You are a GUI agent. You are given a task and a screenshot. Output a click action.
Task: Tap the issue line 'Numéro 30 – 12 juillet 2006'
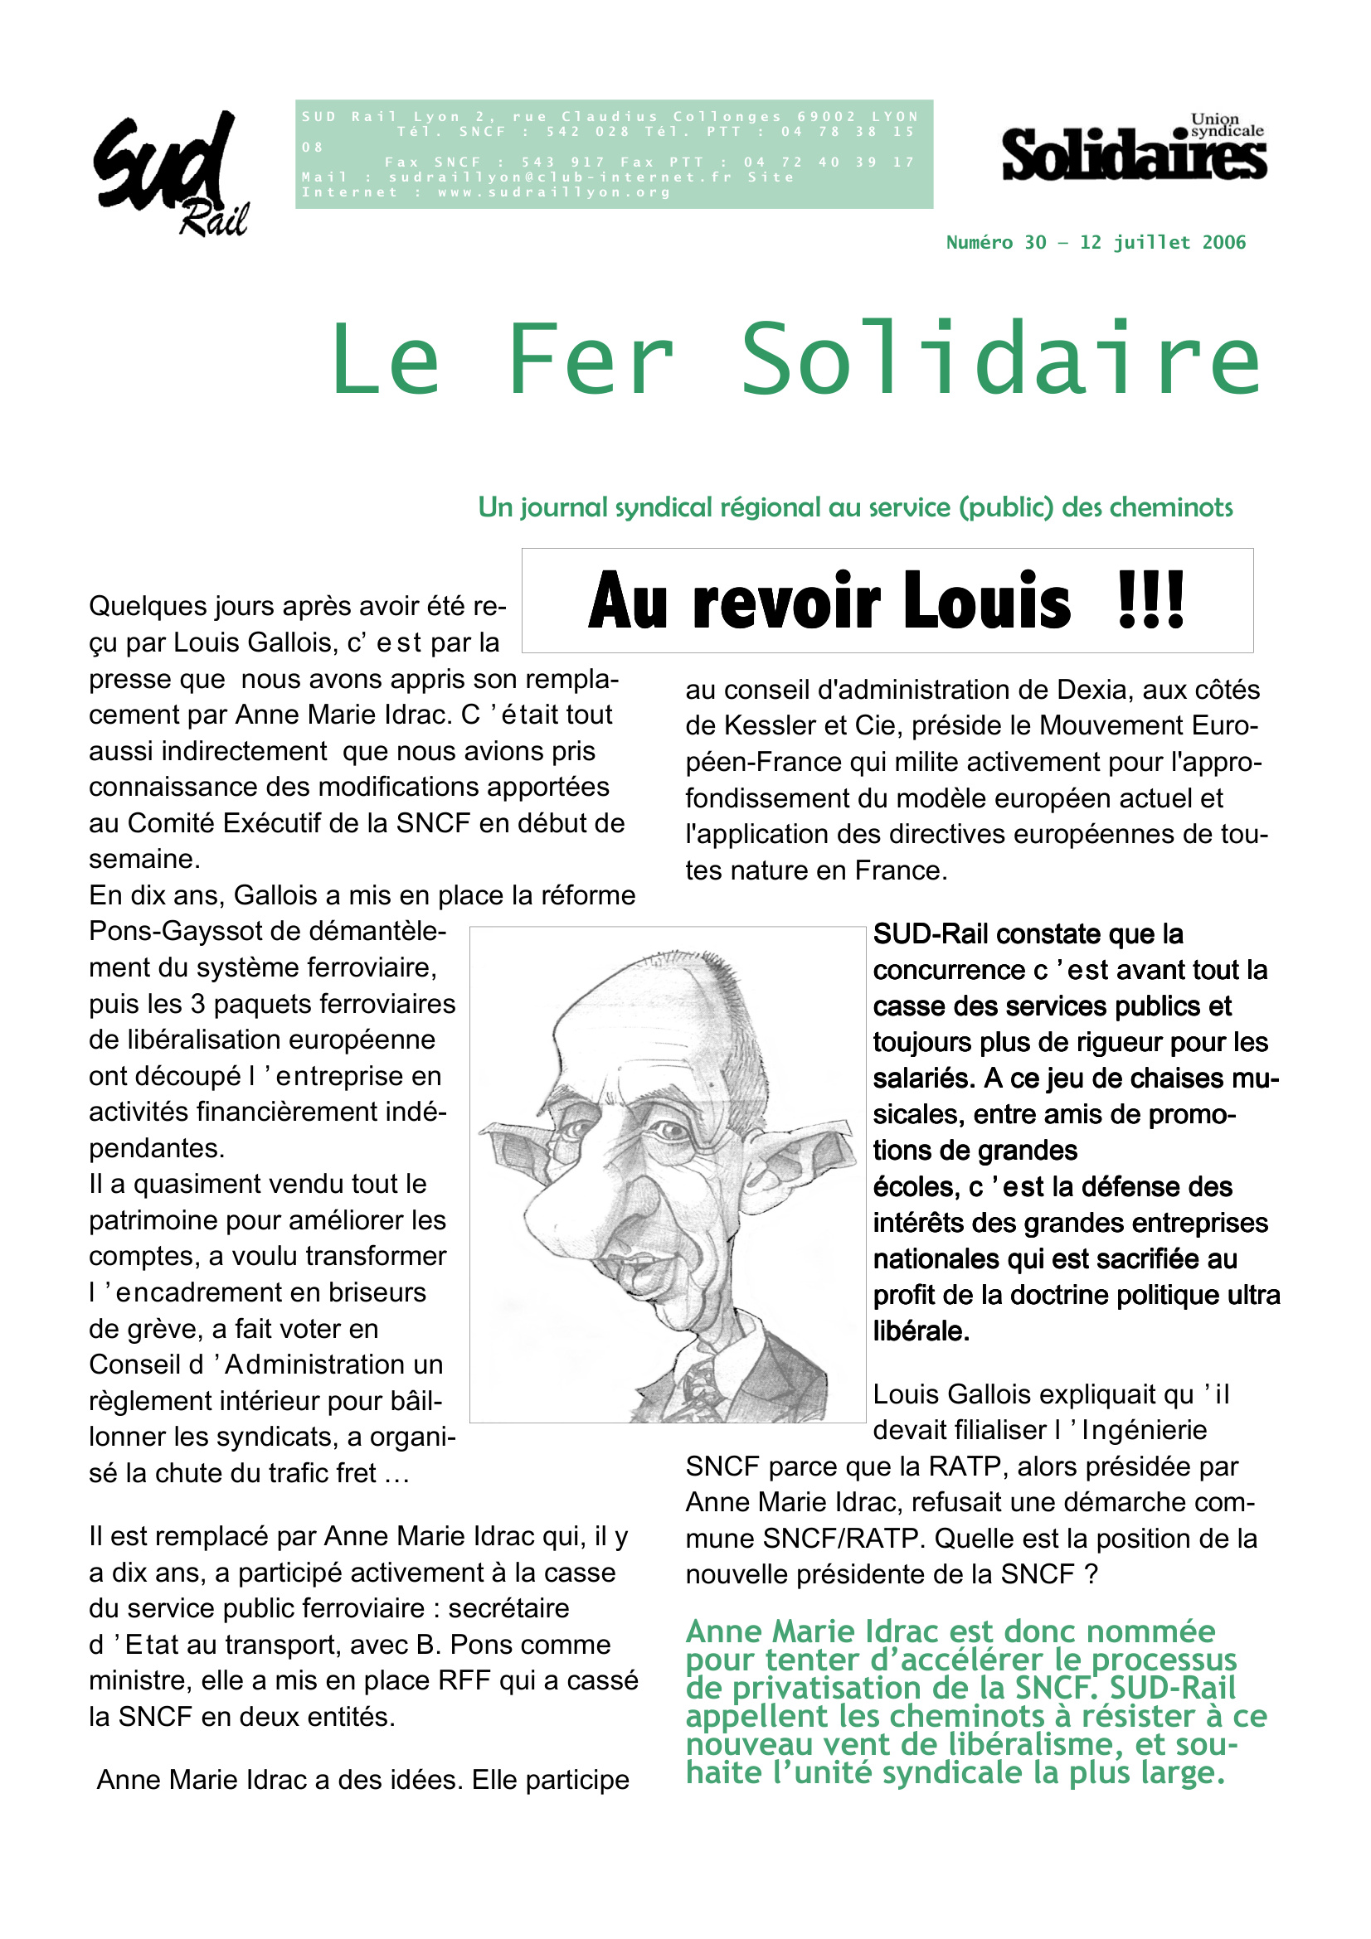coord(1096,243)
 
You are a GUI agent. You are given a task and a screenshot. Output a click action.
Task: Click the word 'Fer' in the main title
coord(591,360)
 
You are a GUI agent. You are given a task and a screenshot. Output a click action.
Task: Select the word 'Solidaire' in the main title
coord(1001,360)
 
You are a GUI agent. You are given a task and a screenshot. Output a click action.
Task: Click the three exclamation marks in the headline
coord(1150,601)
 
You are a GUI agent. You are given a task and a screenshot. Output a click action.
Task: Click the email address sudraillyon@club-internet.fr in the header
coord(560,177)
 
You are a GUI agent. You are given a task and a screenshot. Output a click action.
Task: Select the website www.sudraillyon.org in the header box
coord(554,192)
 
